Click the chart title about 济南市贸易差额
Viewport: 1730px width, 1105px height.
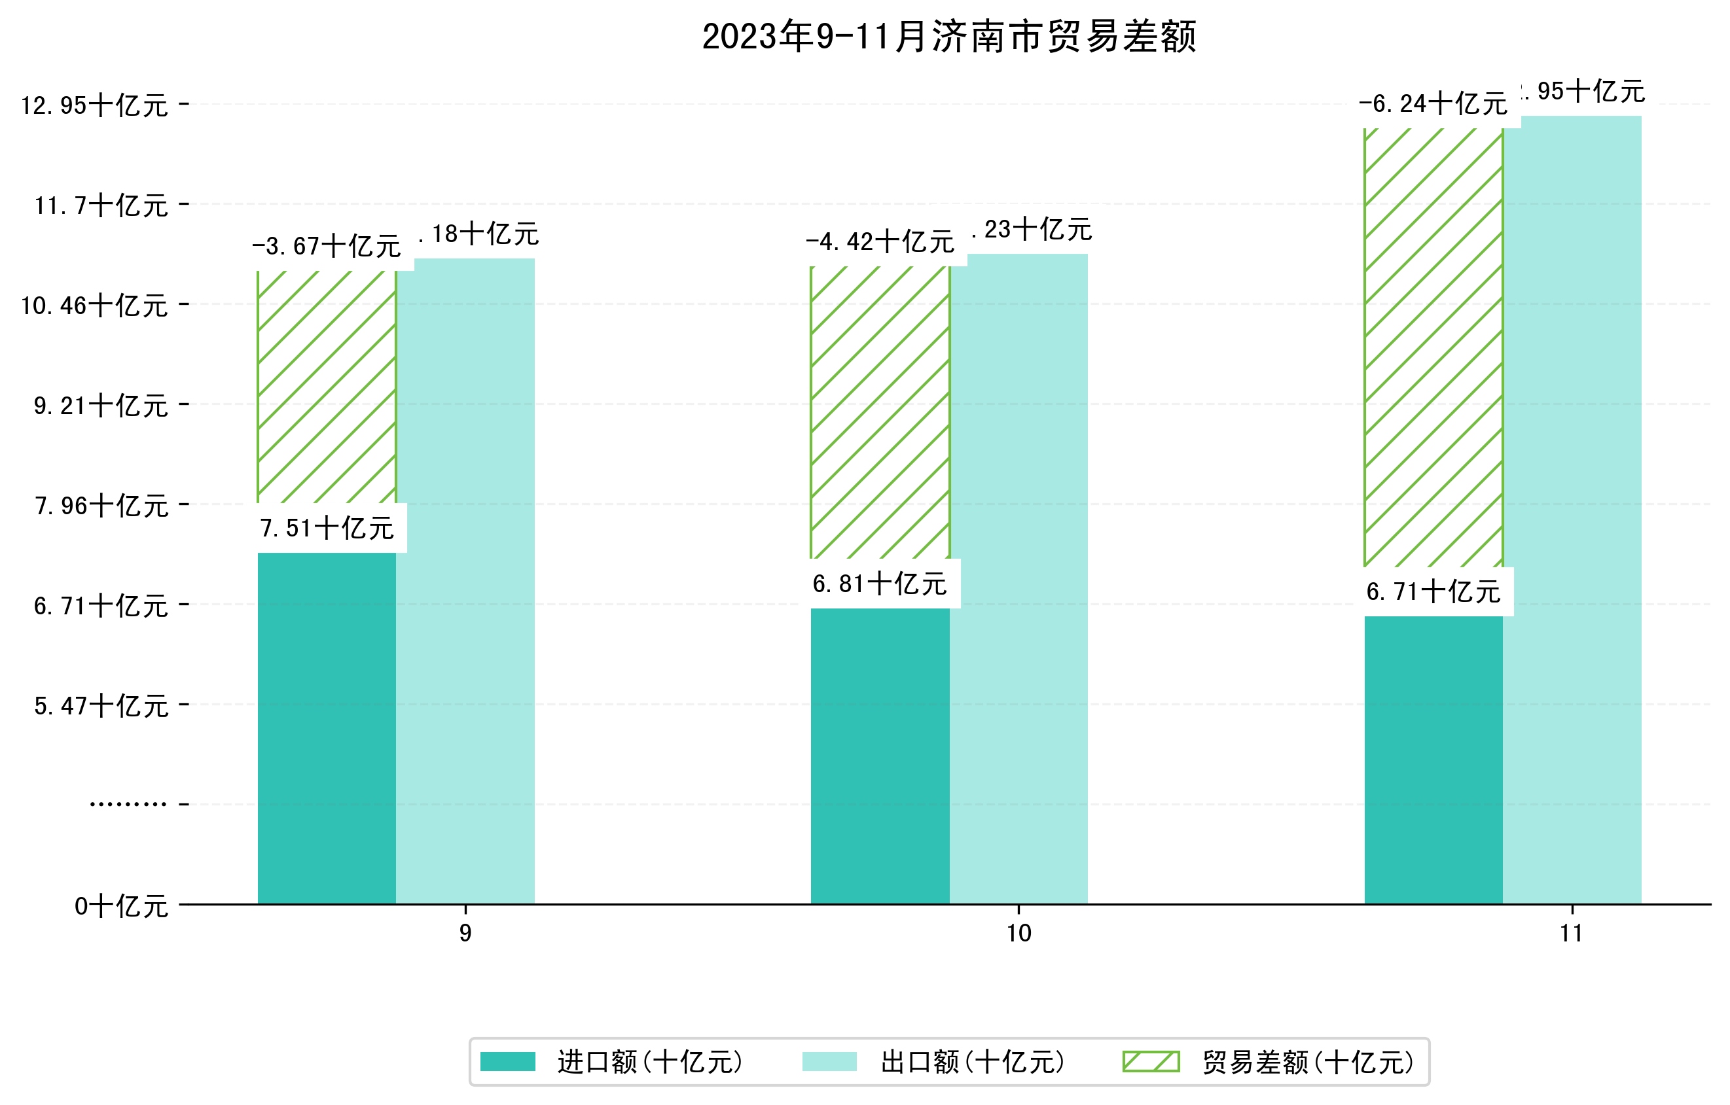(948, 37)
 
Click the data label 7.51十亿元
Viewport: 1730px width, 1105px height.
(327, 529)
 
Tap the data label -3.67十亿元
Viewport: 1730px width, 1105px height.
(326, 246)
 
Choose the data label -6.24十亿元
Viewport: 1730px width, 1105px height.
(1433, 104)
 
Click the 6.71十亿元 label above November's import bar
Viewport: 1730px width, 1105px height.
(1433, 591)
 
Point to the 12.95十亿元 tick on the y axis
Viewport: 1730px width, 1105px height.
(94, 105)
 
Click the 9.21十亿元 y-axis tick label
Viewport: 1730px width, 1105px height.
(101, 406)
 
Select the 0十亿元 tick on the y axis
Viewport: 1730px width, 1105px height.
(120, 906)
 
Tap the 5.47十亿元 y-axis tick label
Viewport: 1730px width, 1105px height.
(101, 706)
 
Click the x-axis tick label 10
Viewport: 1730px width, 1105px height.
(1018, 934)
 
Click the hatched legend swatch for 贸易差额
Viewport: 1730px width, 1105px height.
(1150, 1061)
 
